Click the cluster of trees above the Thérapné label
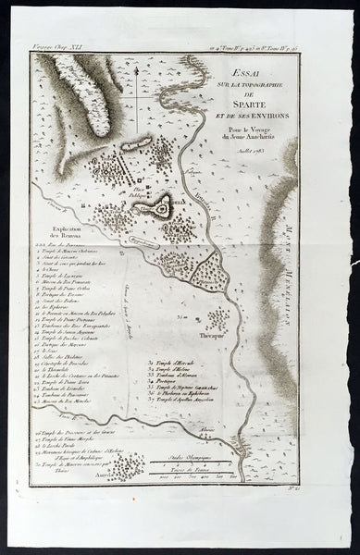[x=218, y=320]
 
